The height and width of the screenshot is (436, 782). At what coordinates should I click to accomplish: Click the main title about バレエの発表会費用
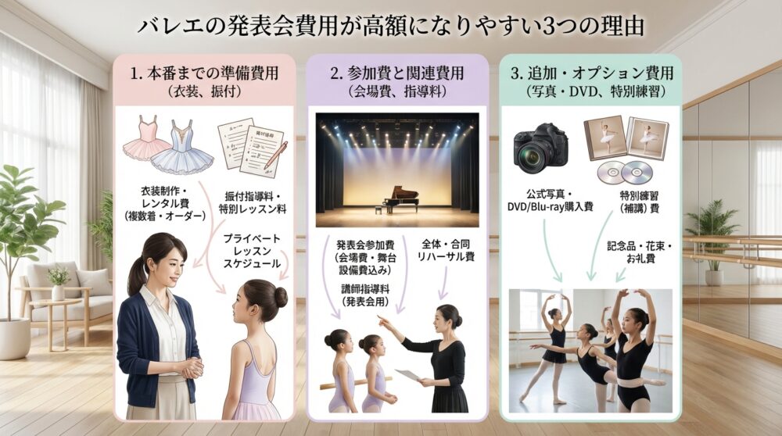[391, 25]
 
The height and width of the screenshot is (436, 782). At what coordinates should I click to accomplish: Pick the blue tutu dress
[182, 148]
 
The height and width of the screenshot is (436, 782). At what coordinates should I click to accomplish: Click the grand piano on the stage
[396, 198]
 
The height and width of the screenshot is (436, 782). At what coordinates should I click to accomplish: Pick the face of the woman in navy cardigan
[161, 263]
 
